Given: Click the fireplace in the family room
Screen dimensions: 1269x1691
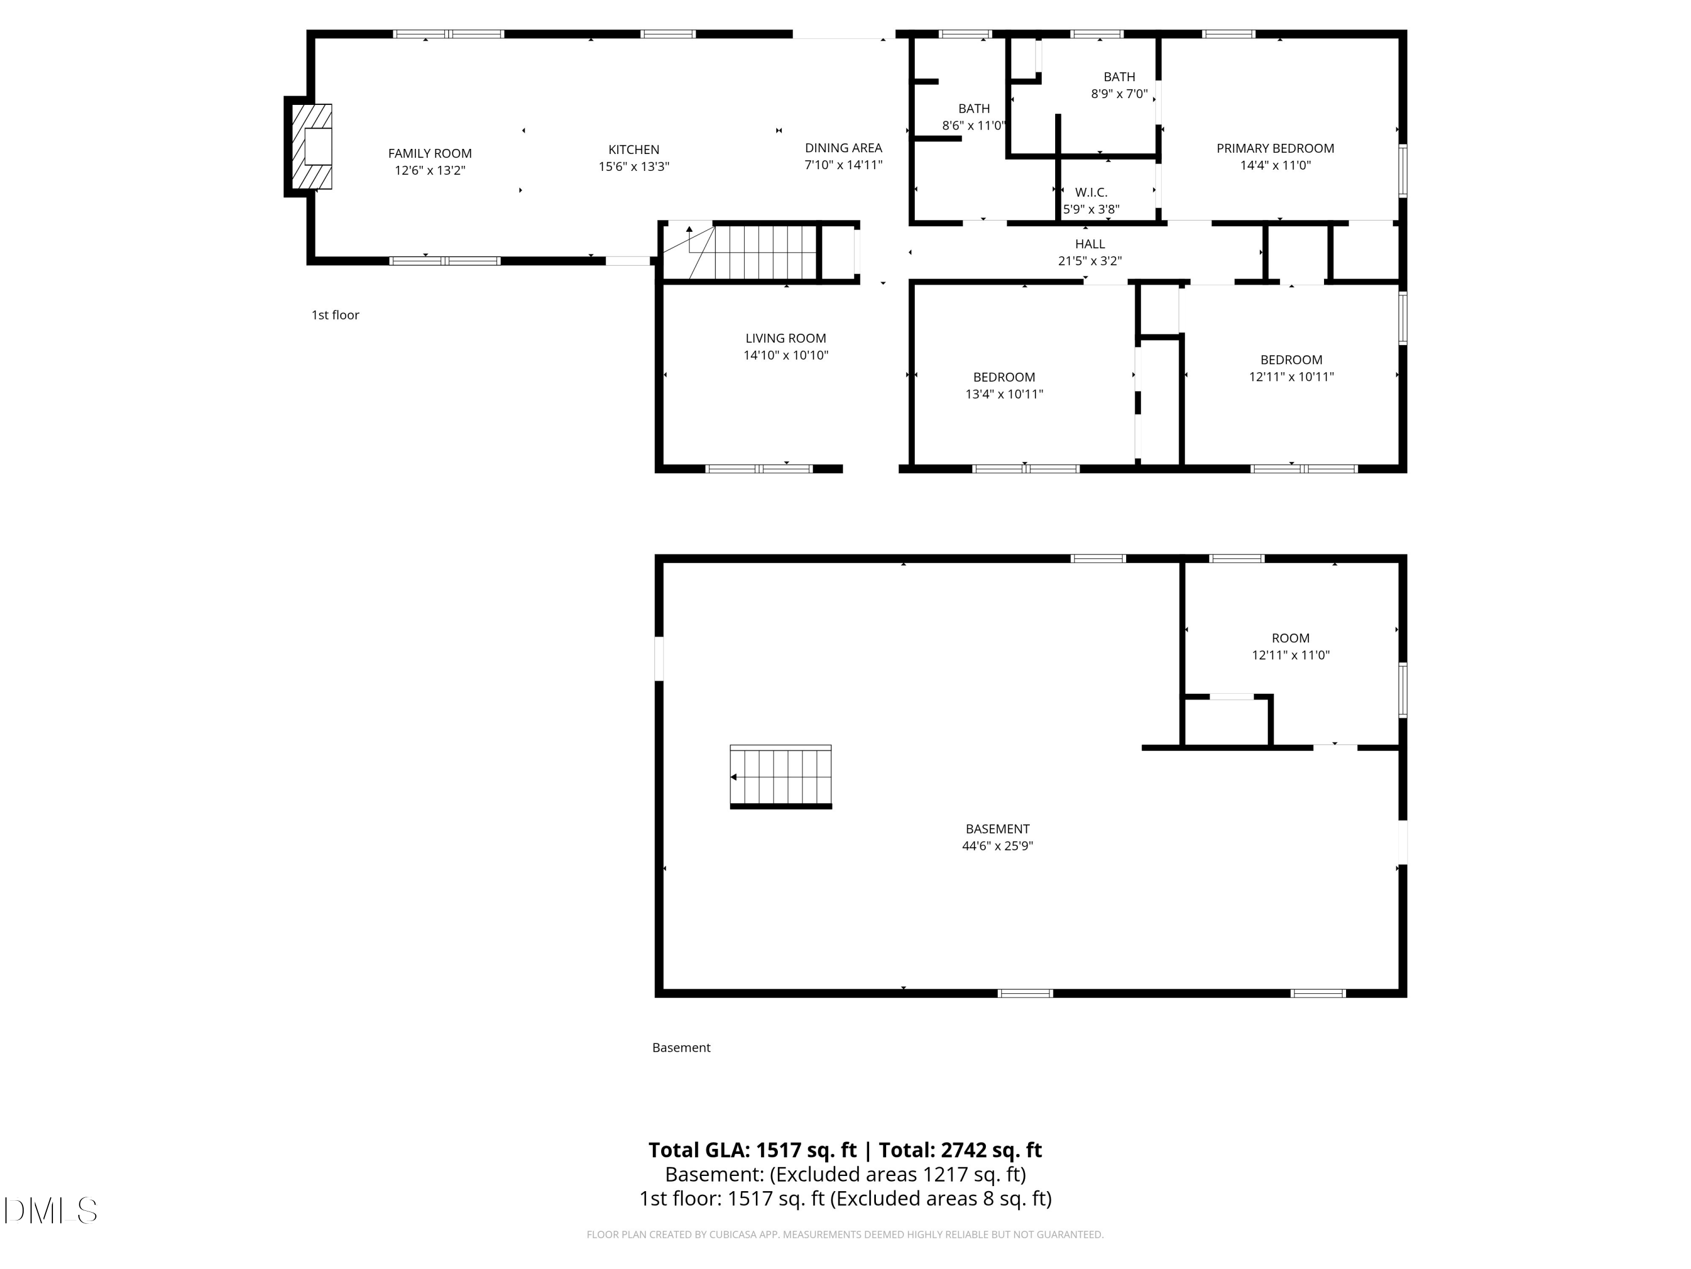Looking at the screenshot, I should pos(312,146).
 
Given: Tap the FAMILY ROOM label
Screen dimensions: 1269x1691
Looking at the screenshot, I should pos(430,154).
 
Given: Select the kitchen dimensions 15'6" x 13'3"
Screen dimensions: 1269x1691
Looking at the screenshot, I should pos(634,167).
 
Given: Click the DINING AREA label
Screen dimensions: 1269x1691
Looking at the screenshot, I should pos(843,148).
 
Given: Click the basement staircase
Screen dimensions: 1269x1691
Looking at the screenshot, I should pos(781,777).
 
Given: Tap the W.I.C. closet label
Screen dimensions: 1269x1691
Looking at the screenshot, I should pos(1091,192).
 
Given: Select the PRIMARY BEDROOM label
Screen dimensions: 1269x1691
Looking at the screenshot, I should pos(1275,148).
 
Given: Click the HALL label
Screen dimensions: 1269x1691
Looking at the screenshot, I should pos(1090,244).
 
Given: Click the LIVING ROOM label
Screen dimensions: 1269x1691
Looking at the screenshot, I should pos(786,338).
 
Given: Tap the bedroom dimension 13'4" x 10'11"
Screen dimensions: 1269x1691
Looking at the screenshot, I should pos(1004,394).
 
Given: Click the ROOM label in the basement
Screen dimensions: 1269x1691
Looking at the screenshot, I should pos(1290,638).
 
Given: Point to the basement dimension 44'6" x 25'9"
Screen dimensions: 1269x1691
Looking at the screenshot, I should pos(997,846).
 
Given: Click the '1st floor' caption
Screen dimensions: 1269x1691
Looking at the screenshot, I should pos(335,315).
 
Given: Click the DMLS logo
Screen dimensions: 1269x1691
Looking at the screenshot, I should pos(51,1211).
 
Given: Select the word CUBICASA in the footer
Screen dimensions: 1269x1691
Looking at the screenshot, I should pos(738,1235).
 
